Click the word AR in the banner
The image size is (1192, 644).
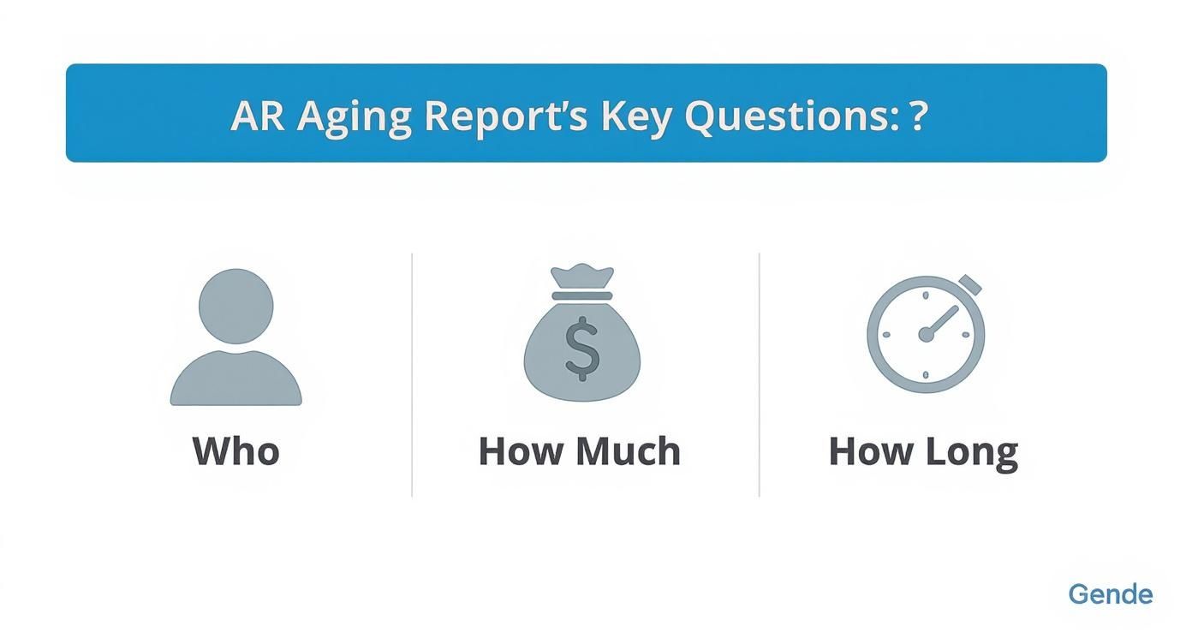(257, 116)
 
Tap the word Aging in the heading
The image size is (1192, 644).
(354, 117)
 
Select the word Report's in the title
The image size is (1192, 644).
(505, 116)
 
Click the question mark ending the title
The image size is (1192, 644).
(919, 116)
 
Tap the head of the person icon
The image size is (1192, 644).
(235, 306)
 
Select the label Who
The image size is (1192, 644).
(235, 451)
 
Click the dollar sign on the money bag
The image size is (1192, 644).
(581, 348)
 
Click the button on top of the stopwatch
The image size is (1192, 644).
(970, 285)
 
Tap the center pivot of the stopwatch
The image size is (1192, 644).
(926, 335)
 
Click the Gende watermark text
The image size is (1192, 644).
(1110, 594)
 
